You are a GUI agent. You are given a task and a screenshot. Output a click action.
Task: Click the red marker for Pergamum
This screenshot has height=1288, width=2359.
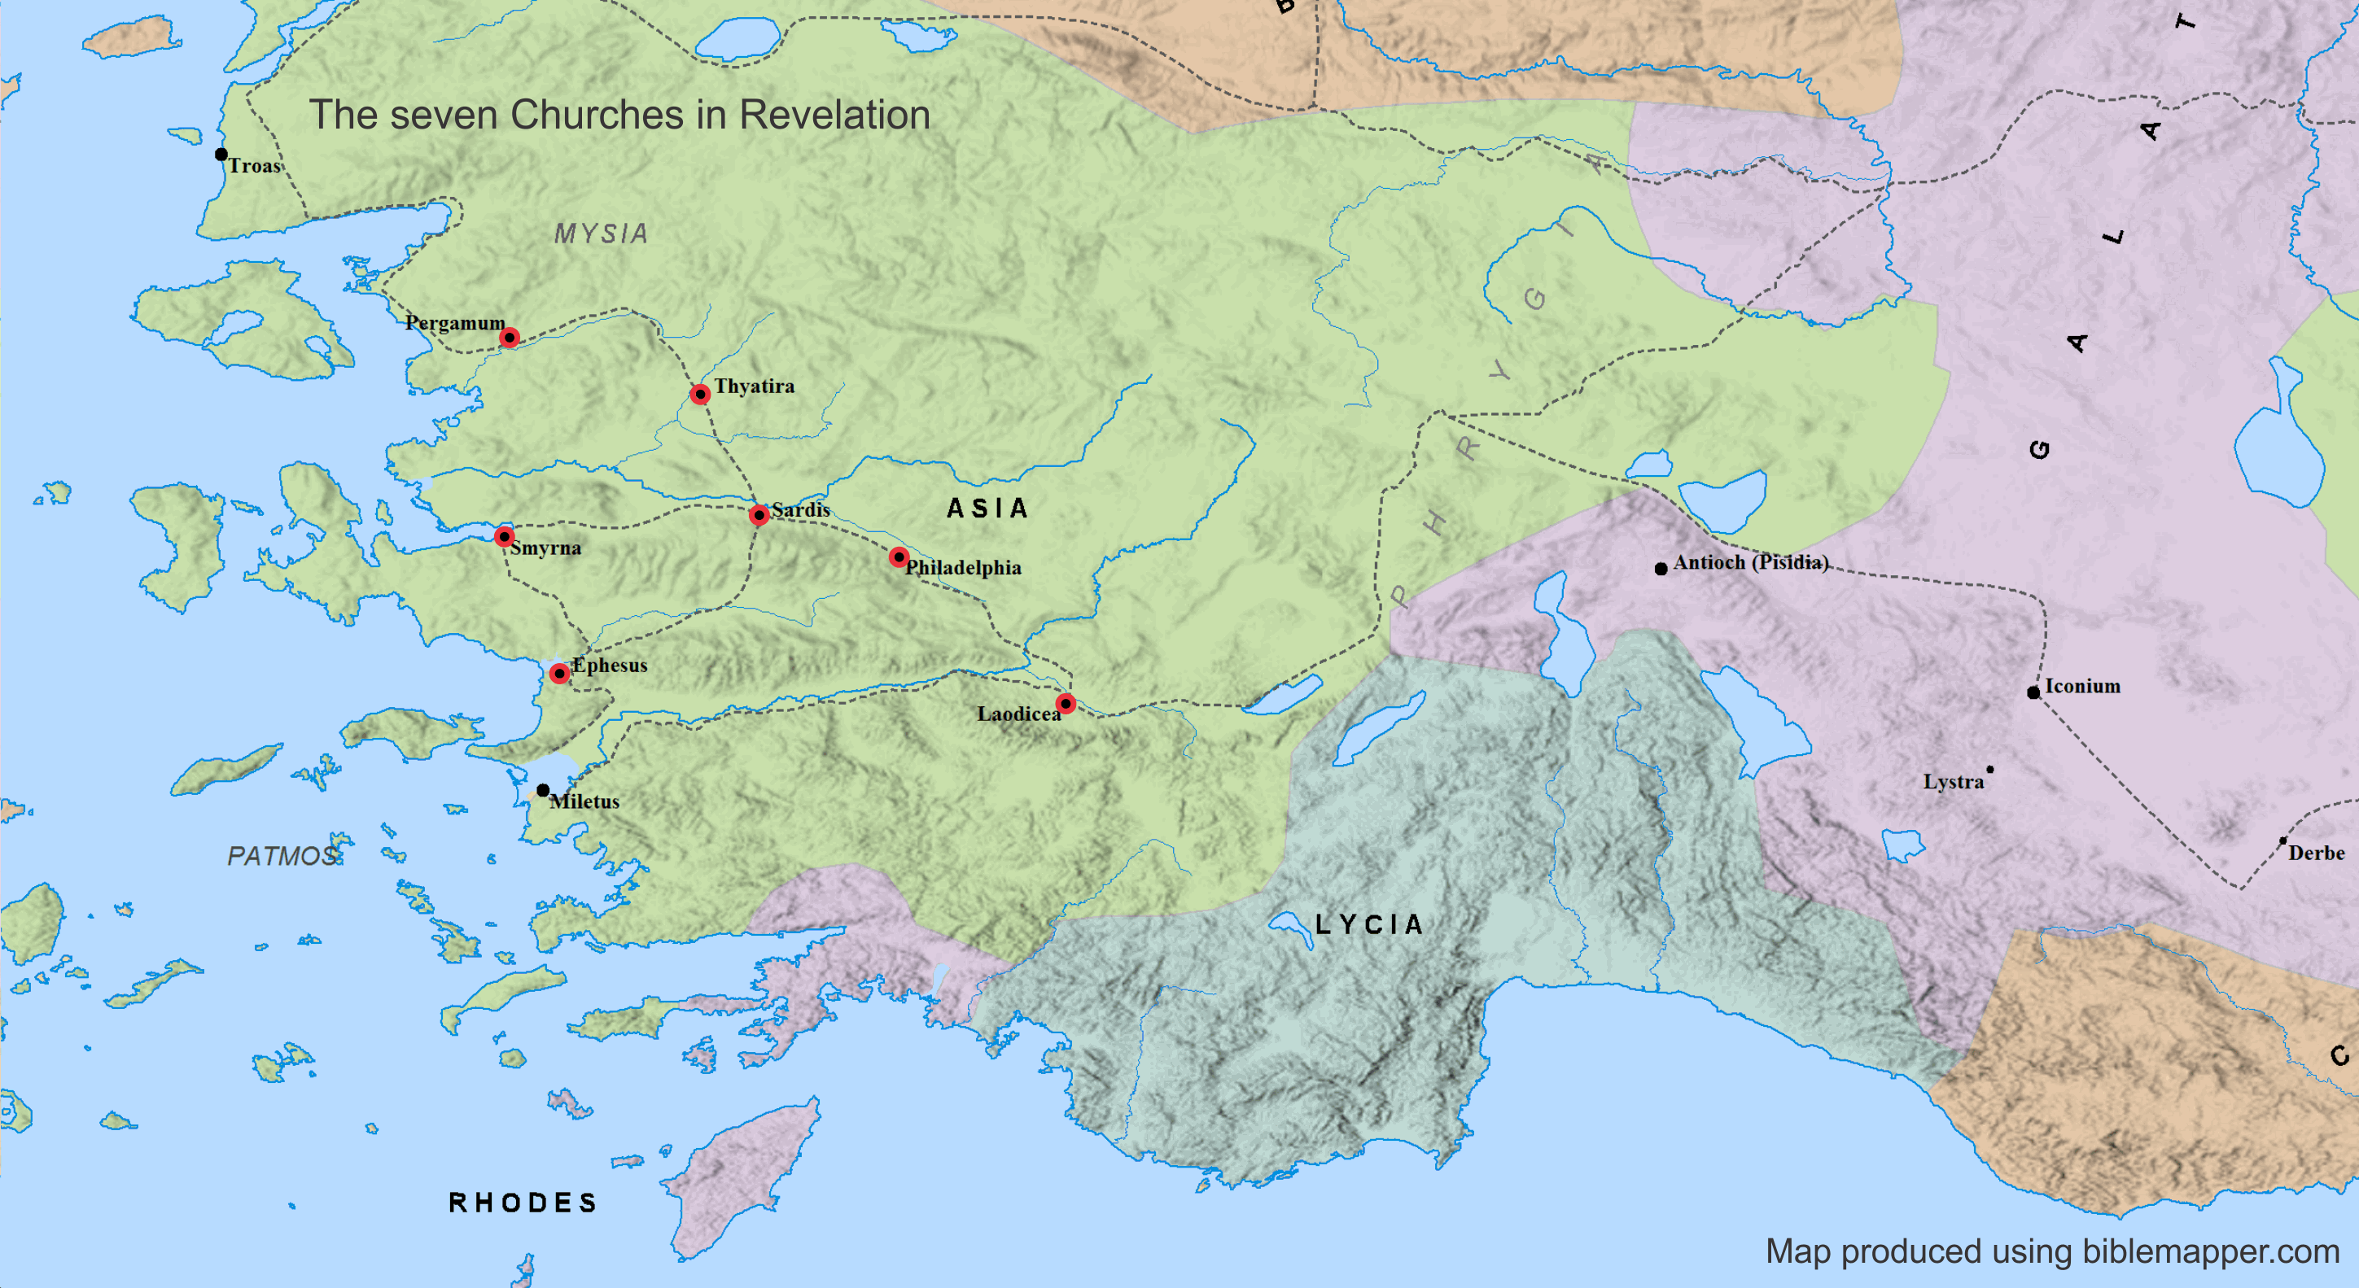(510, 338)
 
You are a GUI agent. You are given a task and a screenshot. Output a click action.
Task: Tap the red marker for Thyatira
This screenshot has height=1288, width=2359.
(700, 395)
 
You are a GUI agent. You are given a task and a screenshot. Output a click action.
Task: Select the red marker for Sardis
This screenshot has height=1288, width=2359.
(759, 515)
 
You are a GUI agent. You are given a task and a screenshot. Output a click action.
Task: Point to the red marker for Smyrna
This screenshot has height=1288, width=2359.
(504, 536)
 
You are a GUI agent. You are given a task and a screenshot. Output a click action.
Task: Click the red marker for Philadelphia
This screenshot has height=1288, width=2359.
(899, 557)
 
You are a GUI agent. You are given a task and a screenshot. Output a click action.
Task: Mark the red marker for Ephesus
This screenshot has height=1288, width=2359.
(558, 674)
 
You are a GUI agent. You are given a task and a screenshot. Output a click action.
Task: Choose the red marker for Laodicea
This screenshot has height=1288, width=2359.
(1065, 703)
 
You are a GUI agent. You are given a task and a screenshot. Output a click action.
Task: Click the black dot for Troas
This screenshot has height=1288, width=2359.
(221, 154)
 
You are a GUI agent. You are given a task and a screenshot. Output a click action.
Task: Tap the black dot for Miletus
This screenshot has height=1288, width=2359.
(543, 789)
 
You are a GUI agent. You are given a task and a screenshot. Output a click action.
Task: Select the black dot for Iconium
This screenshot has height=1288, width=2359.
(2033, 692)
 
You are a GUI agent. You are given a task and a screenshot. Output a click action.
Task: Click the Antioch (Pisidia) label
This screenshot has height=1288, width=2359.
(1750, 562)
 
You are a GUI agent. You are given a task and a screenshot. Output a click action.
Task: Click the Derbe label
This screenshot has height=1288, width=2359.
(2316, 854)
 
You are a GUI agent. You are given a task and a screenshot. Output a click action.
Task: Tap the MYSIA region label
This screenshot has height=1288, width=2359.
(601, 234)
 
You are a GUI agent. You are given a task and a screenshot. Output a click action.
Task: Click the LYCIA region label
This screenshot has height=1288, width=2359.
(1369, 924)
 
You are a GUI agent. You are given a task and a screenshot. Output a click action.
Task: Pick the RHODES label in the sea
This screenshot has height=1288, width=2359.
(523, 1202)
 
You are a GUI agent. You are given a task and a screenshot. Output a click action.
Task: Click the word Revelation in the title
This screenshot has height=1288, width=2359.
(834, 116)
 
